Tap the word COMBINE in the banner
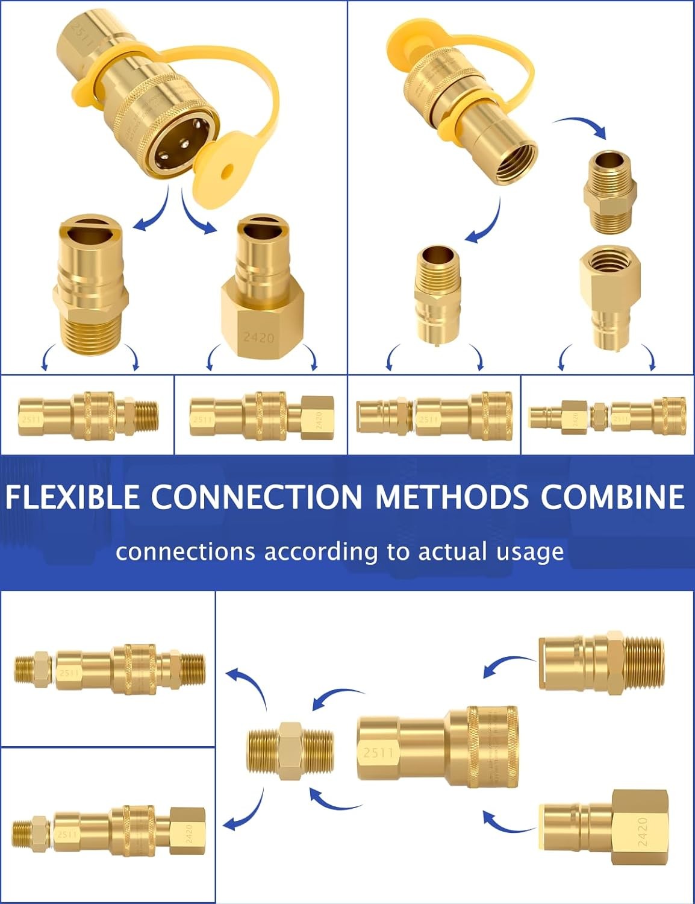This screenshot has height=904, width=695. [x=612, y=497]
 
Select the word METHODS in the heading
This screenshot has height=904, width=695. [x=452, y=497]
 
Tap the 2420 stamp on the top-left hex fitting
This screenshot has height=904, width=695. [x=258, y=336]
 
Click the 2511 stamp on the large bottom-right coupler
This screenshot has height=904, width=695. [x=379, y=752]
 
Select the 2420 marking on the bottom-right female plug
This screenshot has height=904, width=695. [x=642, y=832]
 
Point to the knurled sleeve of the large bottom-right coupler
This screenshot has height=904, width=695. [x=492, y=745]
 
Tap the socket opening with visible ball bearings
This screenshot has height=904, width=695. [x=180, y=154]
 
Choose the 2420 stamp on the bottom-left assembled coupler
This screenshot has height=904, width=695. [x=189, y=835]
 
